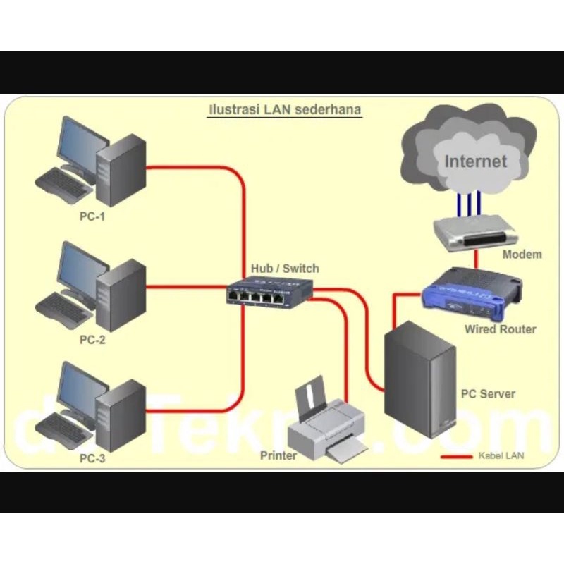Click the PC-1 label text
[92, 216]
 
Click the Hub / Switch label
[285, 269]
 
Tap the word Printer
[278, 455]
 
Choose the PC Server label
[488, 394]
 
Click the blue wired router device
[470, 290]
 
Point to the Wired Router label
[500, 329]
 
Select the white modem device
[468, 232]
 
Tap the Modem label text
[522, 255]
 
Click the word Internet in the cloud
[475, 161]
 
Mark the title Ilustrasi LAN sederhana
[285, 110]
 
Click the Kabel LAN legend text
[501, 456]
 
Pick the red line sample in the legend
[456, 456]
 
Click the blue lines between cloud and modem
[469, 204]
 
